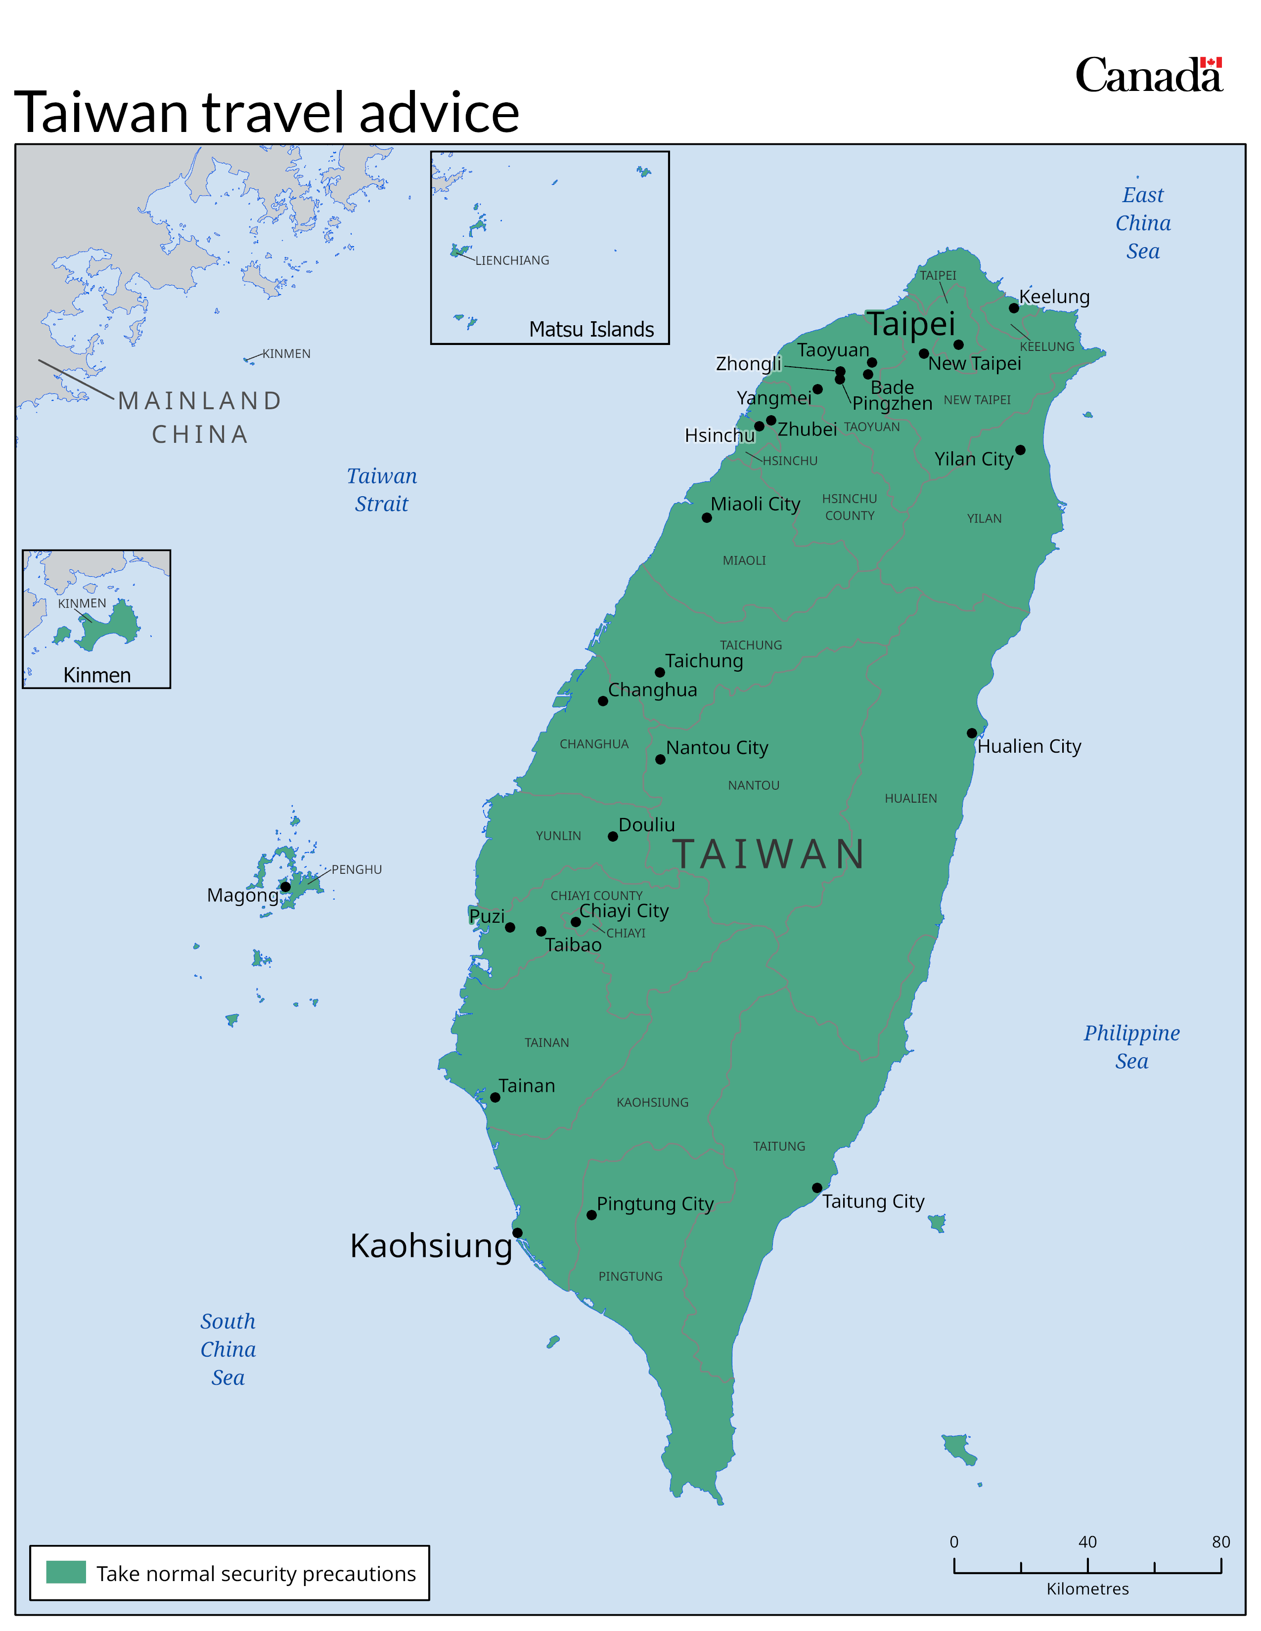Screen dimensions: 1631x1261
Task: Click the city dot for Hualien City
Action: tap(971, 733)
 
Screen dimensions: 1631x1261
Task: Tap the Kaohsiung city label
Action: tap(431, 1245)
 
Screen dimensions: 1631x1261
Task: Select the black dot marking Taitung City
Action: tap(816, 1187)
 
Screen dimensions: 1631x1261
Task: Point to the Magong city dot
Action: tap(285, 887)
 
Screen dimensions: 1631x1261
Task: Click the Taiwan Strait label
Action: tap(382, 490)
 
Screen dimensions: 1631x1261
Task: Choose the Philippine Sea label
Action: tap(1132, 1046)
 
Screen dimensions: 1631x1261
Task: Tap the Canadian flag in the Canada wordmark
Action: tap(1211, 63)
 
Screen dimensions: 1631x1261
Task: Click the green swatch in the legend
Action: tap(66, 1572)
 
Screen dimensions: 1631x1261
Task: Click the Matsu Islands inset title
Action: tap(591, 329)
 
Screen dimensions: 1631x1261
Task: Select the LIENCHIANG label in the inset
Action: tap(512, 260)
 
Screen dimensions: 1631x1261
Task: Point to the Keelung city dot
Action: tap(1014, 308)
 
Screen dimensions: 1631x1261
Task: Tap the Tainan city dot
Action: tap(495, 1097)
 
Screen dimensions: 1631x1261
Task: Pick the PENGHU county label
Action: tap(357, 869)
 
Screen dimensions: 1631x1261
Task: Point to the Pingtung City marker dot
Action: tap(591, 1215)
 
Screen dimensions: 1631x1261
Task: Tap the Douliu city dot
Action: tap(613, 836)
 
